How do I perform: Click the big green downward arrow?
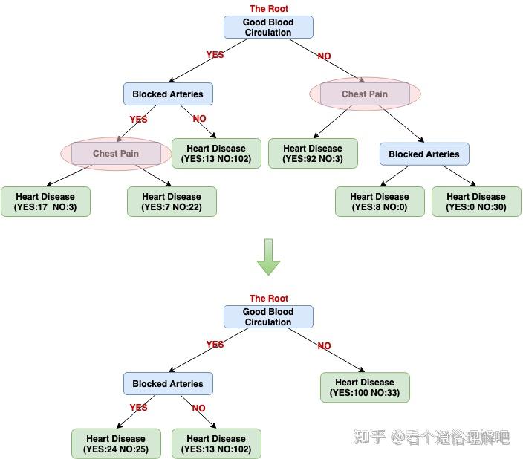point(267,257)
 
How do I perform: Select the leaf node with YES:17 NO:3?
point(45,201)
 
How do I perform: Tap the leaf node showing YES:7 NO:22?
point(172,201)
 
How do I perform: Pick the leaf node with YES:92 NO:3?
point(313,153)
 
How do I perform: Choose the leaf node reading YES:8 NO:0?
point(380,201)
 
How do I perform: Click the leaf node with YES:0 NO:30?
point(476,201)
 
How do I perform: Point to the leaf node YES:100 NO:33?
point(365,387)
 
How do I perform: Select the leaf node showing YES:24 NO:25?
point(116,443)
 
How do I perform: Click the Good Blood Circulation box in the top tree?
point(268,27)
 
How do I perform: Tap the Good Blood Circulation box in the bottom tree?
point(268,317)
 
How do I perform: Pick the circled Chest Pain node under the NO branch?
point(365,94)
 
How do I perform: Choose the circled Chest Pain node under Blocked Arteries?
point(116,154)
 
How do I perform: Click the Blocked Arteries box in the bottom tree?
point(168,384)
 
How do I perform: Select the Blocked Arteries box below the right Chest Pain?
point(424,154)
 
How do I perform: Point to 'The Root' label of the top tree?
point(268,8)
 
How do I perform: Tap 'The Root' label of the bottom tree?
point(268,298)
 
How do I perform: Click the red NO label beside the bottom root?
point(324,345)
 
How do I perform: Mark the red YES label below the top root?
point(215,54)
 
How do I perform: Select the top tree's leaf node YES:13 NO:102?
point(216,153)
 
